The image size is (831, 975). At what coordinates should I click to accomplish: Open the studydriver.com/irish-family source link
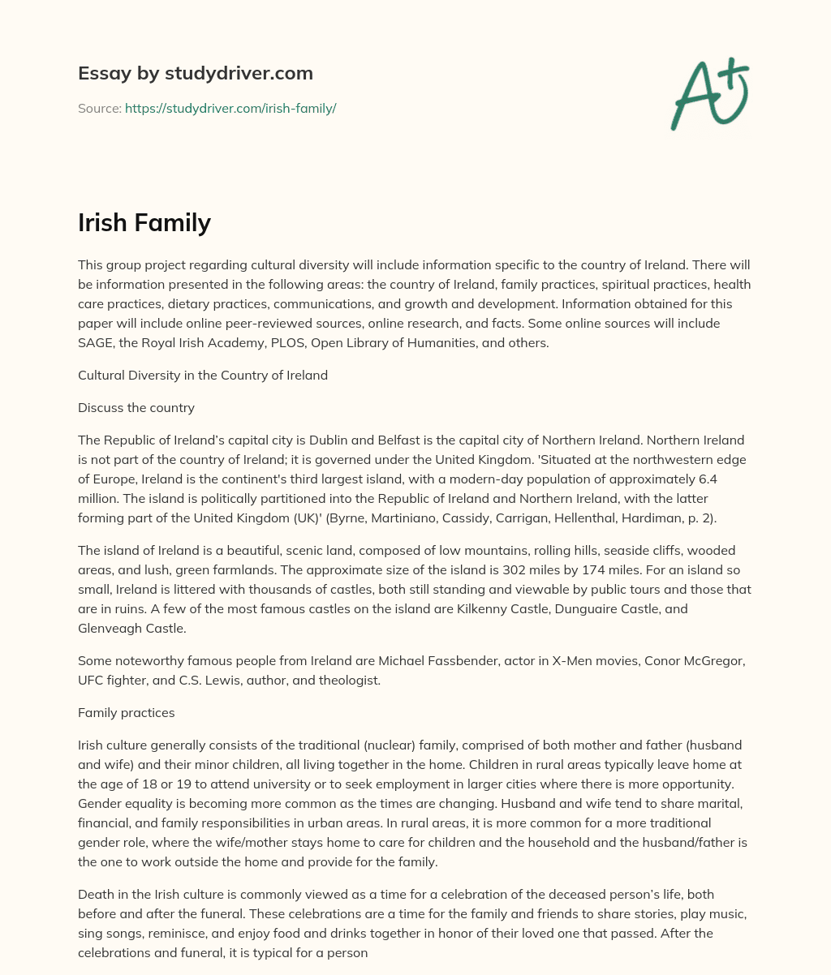click(230, 108)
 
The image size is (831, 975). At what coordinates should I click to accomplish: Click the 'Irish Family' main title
click(144, 221)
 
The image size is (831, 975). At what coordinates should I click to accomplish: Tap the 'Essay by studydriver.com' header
click(196, 73)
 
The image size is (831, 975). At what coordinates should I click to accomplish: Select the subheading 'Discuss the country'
click(136, 407)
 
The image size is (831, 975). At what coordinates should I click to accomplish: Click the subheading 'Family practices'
click(126, 712)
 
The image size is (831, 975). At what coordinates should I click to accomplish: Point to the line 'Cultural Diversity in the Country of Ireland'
click(203, 375)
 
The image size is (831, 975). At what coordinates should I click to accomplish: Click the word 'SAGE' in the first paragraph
click(96, 342)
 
